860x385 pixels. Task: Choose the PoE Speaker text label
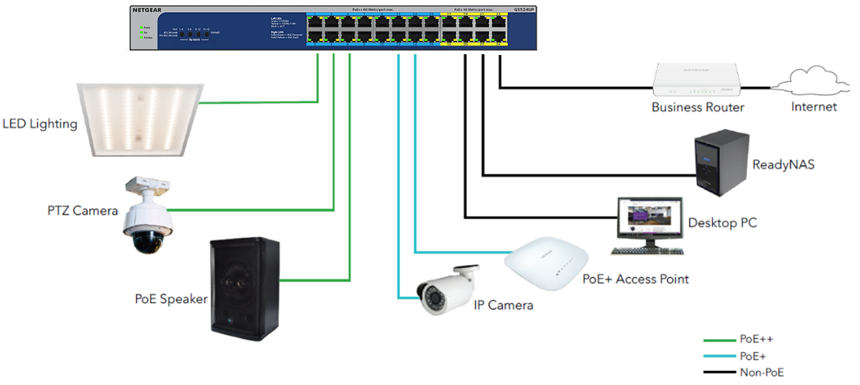click(x=171, y=299)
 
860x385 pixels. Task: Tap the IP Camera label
click(x=503, y=305)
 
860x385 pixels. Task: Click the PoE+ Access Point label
click(x=635, y=279)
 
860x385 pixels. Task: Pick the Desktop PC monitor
click(x=649, y=219)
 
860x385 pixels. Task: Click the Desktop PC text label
click(x=722, y=223)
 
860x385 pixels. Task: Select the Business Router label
click(x=697, y=107)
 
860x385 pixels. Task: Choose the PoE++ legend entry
click(x=755, y=339)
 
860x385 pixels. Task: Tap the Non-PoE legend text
click(x=761, y=372)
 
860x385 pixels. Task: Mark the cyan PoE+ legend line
click(x=717, y=356)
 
